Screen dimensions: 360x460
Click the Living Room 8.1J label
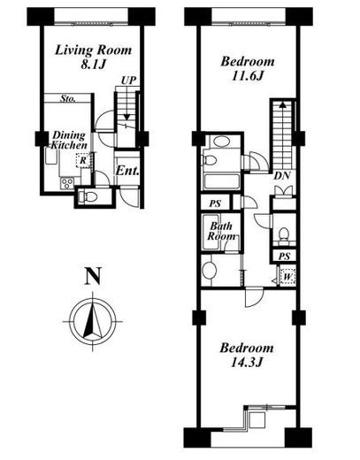tap(93, 57)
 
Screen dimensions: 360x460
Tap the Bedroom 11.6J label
tap(248, 69)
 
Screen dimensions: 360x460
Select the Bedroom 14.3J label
tap(247, 355)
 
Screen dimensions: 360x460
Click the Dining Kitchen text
tap(69, 141)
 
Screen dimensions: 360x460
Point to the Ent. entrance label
tap(127, 171)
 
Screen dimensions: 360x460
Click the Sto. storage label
tap(67, 98)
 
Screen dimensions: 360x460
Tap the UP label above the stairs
tap(128, 80)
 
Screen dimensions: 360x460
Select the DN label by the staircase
tap(282, 176)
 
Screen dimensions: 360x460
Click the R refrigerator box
tap(83, 161)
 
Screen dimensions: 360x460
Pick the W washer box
tap(287, 277)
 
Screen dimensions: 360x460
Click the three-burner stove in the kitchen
tap(67, 184)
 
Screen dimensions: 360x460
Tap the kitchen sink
tap(51, 156)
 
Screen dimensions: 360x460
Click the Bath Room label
tap(221, 231)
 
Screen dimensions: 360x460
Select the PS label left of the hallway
tap(215, 203)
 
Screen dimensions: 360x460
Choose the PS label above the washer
tap(284, 257)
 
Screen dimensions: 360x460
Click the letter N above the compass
tap(93, 276)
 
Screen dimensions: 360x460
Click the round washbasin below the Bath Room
tap(209, 270)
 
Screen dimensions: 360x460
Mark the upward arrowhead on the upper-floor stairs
tap(283, 104)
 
